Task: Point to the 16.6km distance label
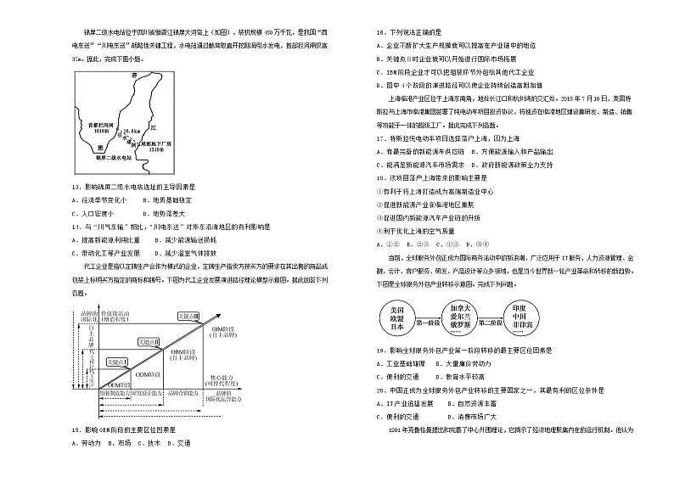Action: [133, 131]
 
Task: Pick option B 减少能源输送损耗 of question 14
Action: [187, 240]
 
